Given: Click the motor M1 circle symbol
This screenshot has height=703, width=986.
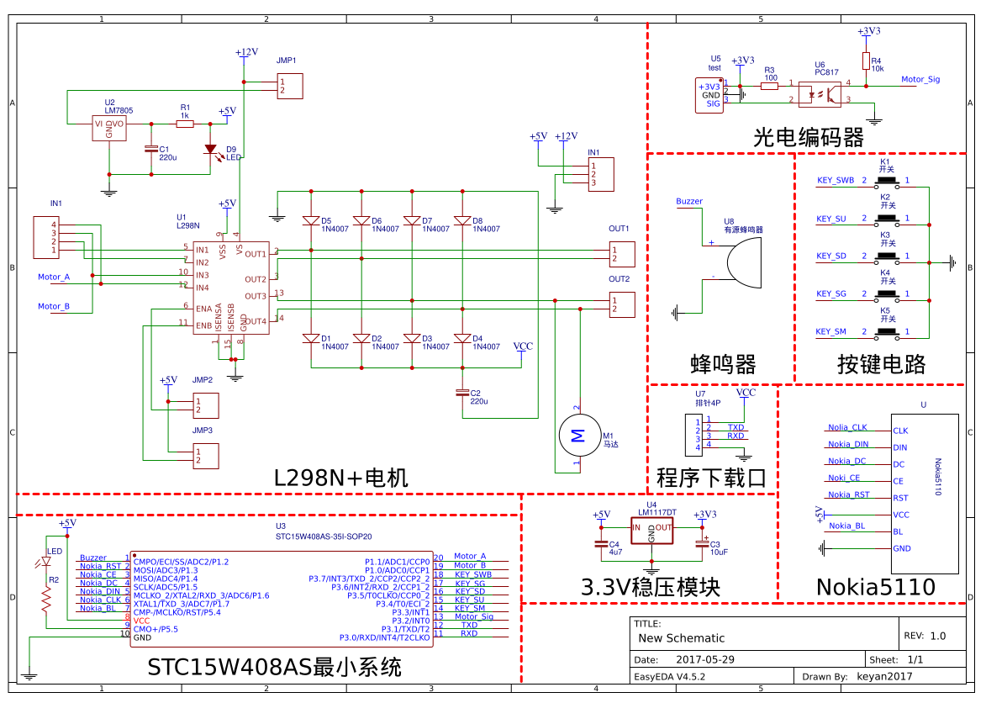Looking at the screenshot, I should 577,435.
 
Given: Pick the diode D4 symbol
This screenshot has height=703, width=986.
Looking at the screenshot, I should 461,338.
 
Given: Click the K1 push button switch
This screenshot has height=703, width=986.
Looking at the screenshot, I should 885,181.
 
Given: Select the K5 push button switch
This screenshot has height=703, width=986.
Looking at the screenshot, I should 885,332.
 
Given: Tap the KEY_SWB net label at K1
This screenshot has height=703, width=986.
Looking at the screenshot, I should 835,181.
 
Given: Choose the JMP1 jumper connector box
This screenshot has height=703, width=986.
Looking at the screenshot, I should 289,86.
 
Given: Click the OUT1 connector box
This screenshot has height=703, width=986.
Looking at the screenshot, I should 623,253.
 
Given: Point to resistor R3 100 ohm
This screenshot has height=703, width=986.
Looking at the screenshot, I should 769,85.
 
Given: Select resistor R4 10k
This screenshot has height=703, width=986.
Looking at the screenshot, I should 866,61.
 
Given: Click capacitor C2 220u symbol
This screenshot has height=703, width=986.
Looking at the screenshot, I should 461,393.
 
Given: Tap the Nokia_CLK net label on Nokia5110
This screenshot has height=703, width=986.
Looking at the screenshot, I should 846,427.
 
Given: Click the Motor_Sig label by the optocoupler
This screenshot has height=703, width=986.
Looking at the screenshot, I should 920,80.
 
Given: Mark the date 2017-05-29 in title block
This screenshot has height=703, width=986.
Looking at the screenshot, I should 705,660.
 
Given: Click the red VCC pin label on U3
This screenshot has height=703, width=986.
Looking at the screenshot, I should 141,620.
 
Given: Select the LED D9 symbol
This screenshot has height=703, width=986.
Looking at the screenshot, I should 210,150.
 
